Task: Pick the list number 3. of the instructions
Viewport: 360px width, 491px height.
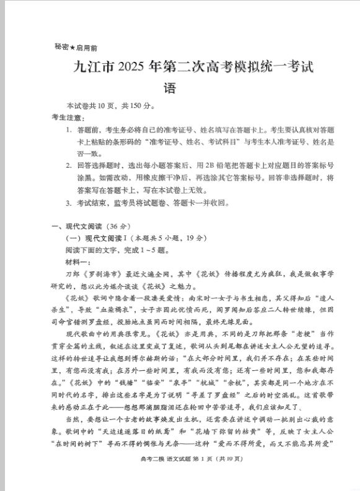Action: coord(69,202)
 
